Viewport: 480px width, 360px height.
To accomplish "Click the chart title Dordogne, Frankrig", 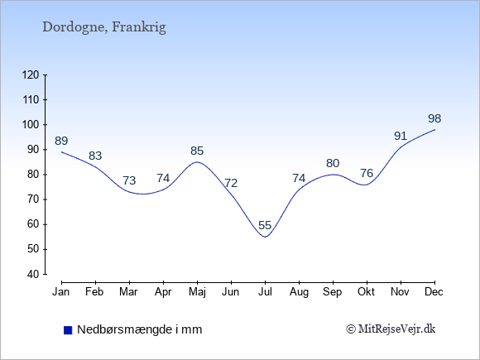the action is (x=104, y=27).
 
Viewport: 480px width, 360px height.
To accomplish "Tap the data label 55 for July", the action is (x=265, y=225).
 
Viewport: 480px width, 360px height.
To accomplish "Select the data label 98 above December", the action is (x=434, y=118).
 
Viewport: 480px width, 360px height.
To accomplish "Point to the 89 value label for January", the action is (x=61, y=141).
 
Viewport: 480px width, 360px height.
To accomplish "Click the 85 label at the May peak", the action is (x=197, y=151).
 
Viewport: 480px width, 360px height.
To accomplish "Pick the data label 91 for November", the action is (x=401, y=136).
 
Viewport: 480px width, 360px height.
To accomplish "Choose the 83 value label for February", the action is (x=95, y=156).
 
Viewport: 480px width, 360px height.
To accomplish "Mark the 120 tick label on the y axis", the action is (x=31, y=74).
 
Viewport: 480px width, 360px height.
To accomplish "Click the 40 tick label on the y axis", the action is (x=34, y=274).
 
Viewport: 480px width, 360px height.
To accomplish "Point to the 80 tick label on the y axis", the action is (x=34, y=175).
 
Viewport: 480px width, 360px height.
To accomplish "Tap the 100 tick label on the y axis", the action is (x=31, y=125).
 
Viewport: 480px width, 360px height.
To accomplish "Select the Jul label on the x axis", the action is (x=265, y=292).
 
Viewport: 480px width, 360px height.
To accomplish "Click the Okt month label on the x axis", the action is (x=366, y=292).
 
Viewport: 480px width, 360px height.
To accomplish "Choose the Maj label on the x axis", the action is (x=197, y=292).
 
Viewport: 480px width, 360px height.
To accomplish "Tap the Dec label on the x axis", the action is (x=434, y=292).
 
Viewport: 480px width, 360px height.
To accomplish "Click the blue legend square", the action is (x=68, y=330).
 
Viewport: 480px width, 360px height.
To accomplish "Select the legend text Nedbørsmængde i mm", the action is (x=140, y=329).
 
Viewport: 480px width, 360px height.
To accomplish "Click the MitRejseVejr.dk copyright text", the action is (x=391, y=329).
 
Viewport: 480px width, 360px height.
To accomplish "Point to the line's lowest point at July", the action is (x=265, y=237).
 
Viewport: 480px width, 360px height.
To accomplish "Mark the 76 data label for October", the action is (x=367, y=173).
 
